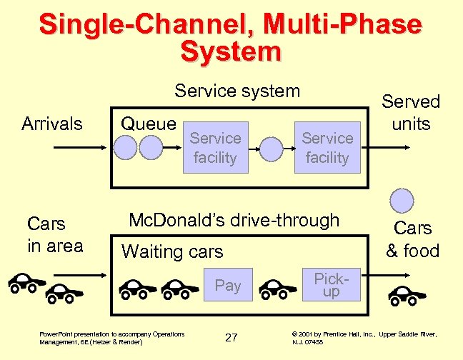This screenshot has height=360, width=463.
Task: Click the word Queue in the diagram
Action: [148, 124]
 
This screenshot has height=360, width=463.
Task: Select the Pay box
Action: [227, 286]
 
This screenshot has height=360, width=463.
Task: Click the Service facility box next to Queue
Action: [214, 148]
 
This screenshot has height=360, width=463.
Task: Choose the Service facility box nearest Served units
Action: [327, 148]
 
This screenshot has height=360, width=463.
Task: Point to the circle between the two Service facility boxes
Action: [271, 148]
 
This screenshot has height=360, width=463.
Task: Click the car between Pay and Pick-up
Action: [278, 289]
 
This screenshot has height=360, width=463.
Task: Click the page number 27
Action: [231, 337]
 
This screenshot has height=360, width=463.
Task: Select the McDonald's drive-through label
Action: [233, 220]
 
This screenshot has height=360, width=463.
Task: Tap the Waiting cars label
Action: [172, 251]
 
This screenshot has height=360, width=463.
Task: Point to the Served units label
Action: [412, 112]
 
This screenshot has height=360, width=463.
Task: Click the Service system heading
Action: [237, 91]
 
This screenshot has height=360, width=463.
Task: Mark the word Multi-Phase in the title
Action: [342, 24]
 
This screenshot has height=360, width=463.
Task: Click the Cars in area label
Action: [54, 234]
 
